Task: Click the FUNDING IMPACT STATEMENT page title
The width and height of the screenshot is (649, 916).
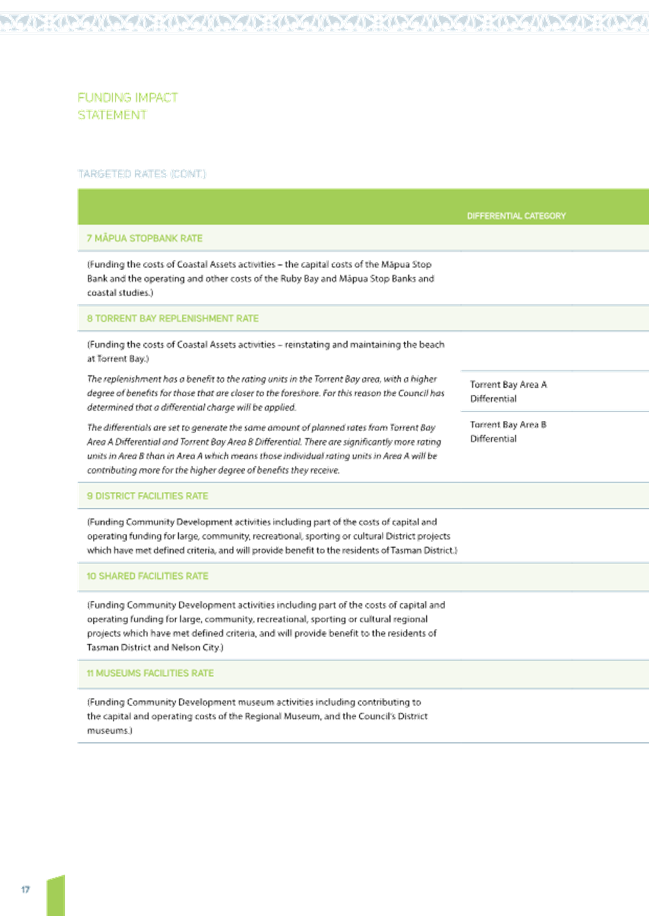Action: coord(128,107)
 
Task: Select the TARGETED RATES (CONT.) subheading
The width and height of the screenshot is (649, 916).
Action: coord(142,174)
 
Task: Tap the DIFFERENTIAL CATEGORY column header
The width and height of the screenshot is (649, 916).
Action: coord(517,216)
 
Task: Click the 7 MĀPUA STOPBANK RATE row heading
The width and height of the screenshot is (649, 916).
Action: coord(144,239)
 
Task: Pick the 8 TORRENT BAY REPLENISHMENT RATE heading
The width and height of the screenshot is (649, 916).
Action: coord(172,318)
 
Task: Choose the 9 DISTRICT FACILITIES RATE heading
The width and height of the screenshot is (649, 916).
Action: coord(147,496)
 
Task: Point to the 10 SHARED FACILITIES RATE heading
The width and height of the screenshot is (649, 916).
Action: coord(147,576)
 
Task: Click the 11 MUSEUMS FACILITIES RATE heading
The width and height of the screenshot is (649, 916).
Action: coord(150,673)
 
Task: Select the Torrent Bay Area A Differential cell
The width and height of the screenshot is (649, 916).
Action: coord(509,392)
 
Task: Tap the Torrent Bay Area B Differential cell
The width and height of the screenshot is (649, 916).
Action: coord(508,432)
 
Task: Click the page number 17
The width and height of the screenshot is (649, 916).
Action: coord(25,890)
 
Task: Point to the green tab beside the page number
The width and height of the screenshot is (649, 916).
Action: coord(56,895)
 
